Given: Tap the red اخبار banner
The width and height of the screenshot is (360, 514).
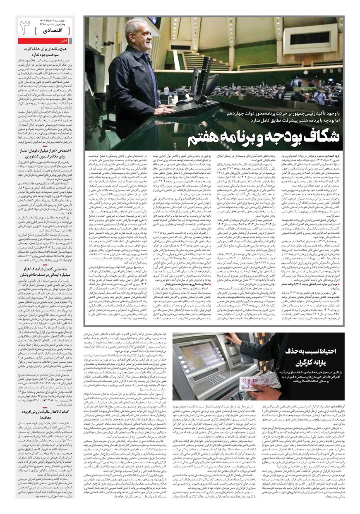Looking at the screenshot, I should [45, 41].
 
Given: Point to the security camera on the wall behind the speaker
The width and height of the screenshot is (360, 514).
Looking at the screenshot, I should [108, 43].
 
